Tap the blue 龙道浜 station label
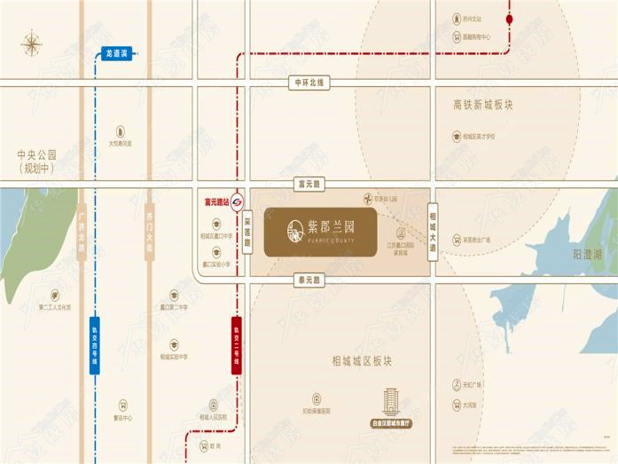click(x=117, y=53)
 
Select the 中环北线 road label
click(x=310, y=83)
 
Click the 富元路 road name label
click(x=310, y=184)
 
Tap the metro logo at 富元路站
click(x=238, y=201)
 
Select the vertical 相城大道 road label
click(x=433, y=231)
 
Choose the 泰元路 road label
click(x=310, y=279)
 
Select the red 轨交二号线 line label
click(x=237, y=346)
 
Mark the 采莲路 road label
click(x=247, y=232)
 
